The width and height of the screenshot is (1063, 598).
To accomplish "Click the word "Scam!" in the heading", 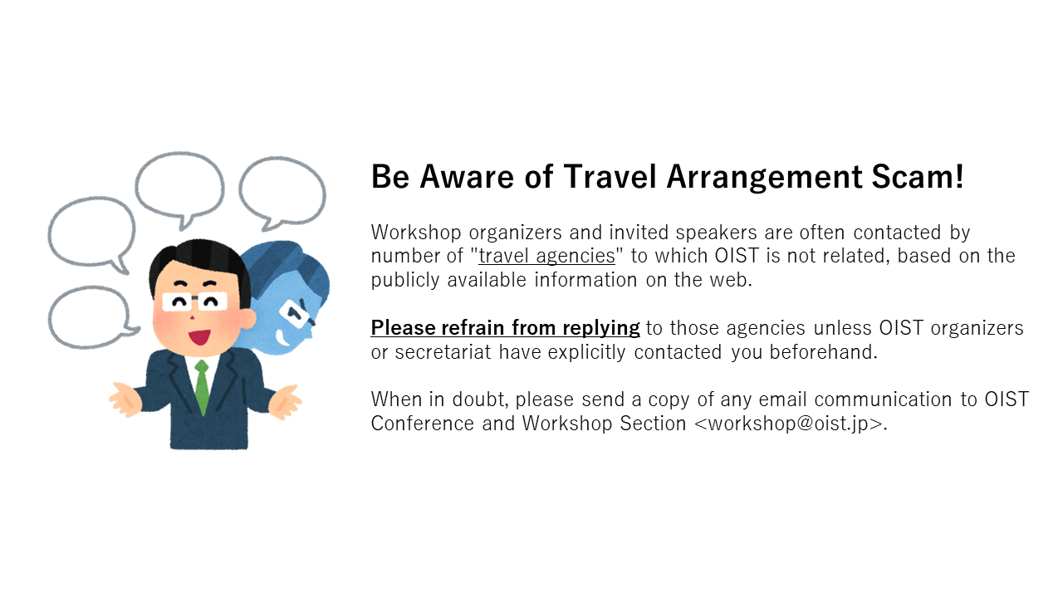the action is click(918, 177).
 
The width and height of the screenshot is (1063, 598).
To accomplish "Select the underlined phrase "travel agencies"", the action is click(546, 257).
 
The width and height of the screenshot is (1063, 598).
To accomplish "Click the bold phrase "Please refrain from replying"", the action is click(505, 328).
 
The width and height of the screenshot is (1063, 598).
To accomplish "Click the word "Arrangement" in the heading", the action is click(764, 178).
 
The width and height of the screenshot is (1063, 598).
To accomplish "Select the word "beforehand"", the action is click(822, 352).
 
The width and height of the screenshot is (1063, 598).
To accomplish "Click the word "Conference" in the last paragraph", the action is click(423, 424).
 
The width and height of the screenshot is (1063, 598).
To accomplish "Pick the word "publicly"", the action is click(405, 281).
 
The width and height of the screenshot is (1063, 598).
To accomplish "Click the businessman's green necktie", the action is click(202, 387).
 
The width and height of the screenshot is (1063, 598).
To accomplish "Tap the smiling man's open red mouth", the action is click(199, 337).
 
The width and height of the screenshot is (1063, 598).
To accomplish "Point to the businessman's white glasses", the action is click(194, 301).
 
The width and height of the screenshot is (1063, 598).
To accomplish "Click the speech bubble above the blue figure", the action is click(282, 191).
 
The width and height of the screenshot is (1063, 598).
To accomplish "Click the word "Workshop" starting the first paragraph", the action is click(416, 233).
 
